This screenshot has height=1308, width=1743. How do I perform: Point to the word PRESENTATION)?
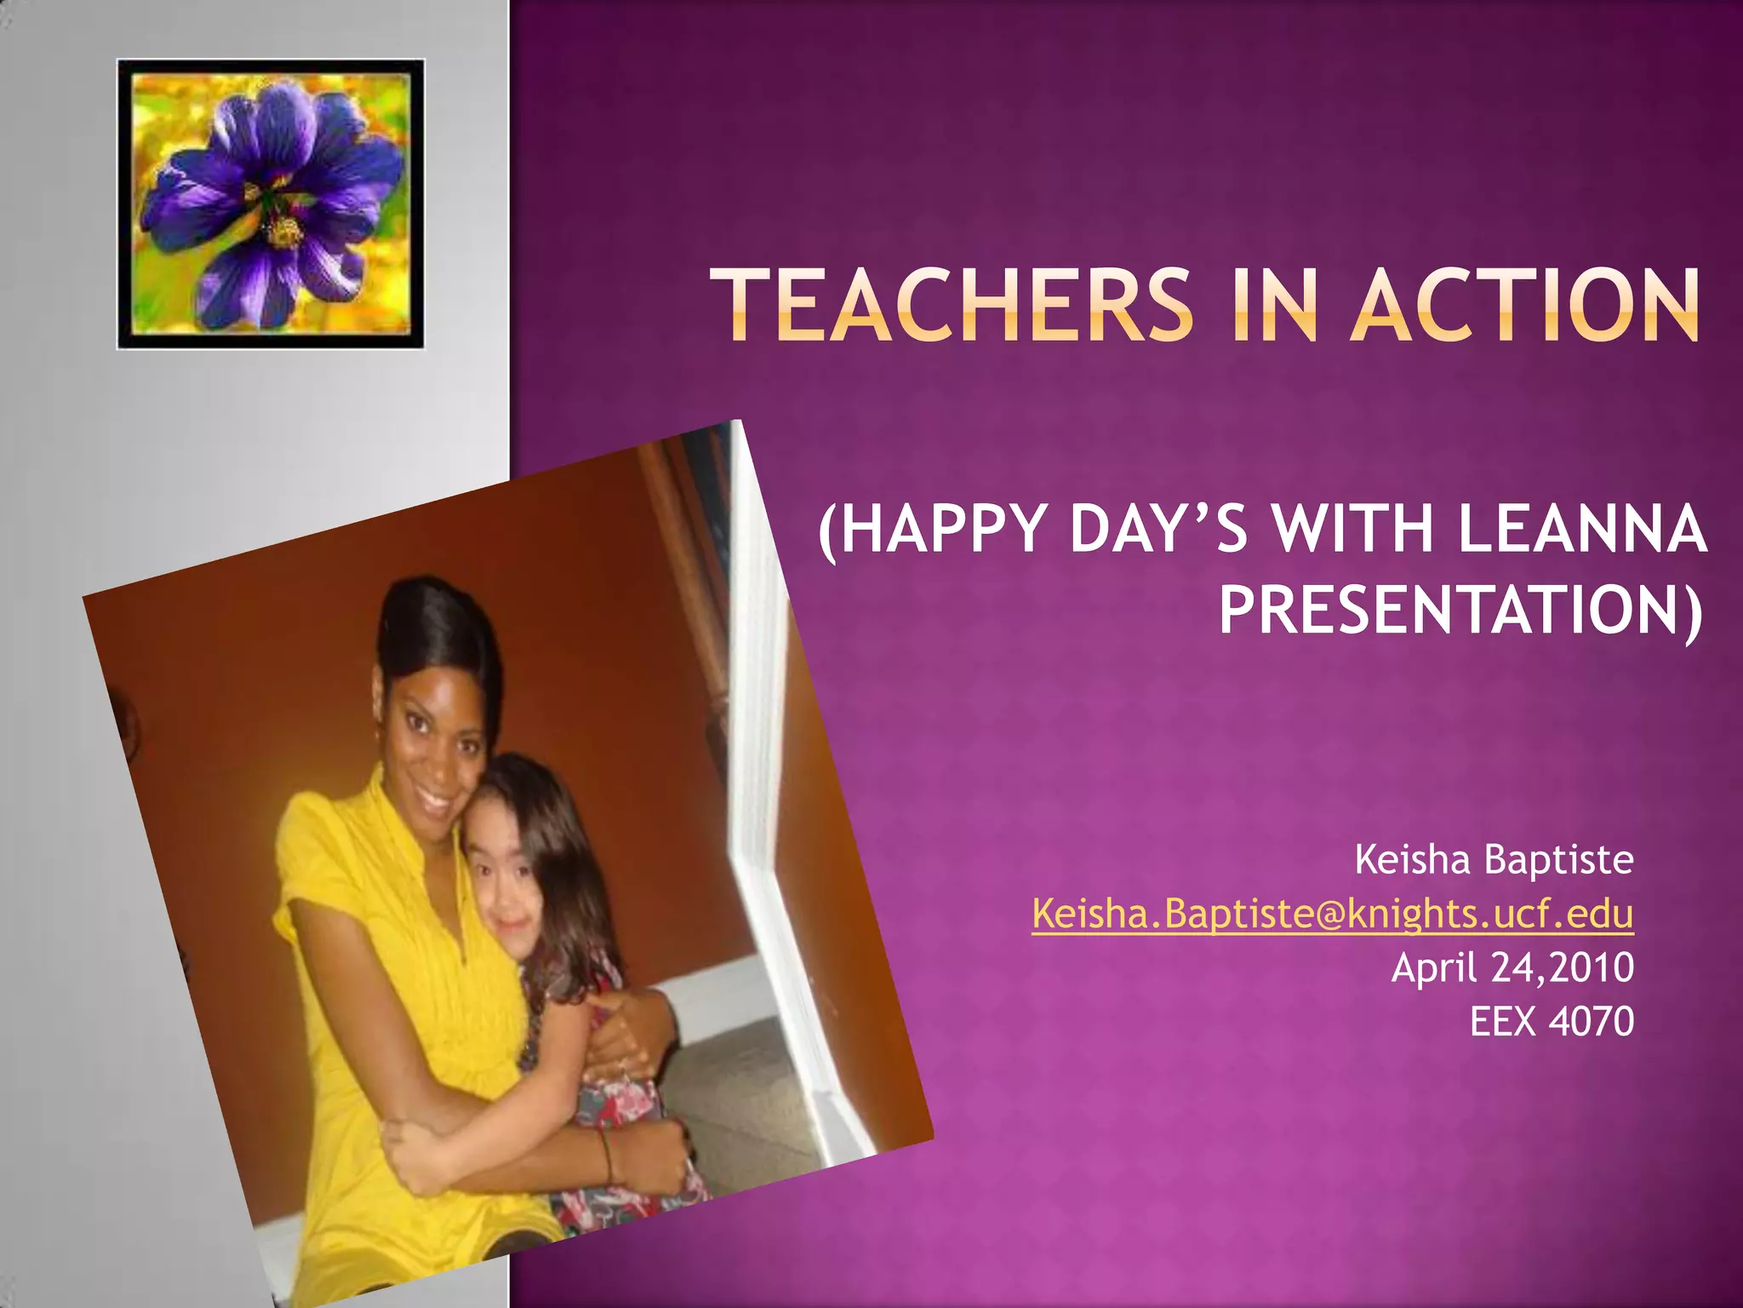[x=1460, y=610]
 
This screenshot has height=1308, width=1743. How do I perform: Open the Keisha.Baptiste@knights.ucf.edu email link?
[x=1332, y=915]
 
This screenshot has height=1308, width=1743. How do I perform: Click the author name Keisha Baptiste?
[x=1494, y=860]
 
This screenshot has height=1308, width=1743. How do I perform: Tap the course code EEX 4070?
[x=1552, y=1022]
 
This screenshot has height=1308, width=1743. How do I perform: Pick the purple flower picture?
[x=271, y=204]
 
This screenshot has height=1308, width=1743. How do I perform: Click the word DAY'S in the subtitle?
[x=1158, y=530]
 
